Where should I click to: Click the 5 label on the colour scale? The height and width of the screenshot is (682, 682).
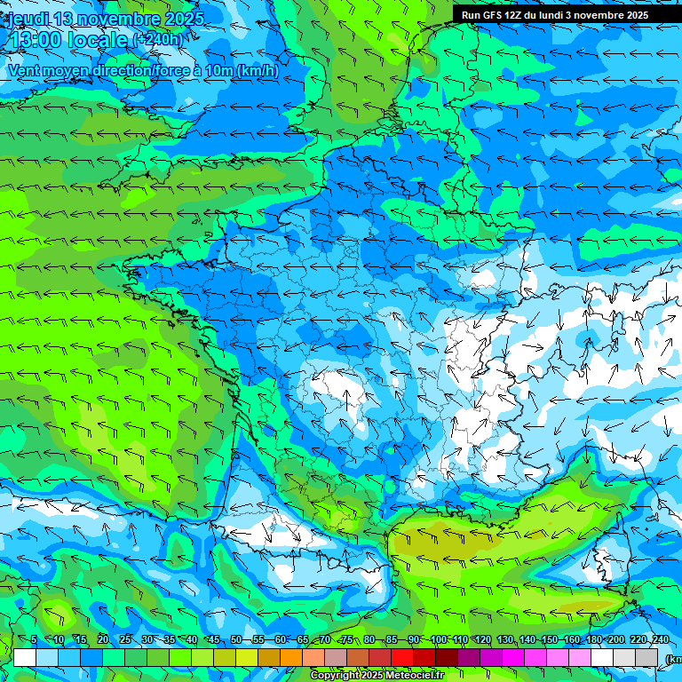tap(34, 640)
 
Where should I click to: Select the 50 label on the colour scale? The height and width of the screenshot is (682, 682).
tap(236, 640)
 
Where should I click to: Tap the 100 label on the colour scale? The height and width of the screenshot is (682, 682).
tap(438, 640)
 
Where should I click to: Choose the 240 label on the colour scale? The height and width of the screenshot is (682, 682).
tap(659, 640)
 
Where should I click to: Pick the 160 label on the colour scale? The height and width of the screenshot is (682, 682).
tap(571, 640)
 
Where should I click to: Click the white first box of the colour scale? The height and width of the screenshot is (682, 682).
tap(25, 657)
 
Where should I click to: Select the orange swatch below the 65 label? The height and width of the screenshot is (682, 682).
tap(291, 657)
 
